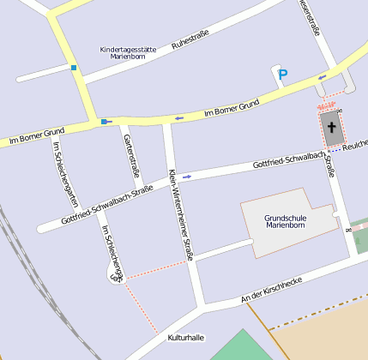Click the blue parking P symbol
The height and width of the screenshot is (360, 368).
tap(283, 75)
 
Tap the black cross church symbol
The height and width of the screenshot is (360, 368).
tap(331, 129)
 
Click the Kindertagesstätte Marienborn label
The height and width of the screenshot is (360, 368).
tap(128, 54)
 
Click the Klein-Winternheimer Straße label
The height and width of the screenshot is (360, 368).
tap(181, 214)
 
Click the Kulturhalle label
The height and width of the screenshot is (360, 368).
tap(186, 338)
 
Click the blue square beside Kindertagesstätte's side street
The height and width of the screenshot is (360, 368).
tap(75, 68)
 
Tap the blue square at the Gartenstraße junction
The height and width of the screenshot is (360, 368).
tap(104, 122)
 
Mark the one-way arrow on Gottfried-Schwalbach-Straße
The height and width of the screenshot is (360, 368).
tap(186, 177)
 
